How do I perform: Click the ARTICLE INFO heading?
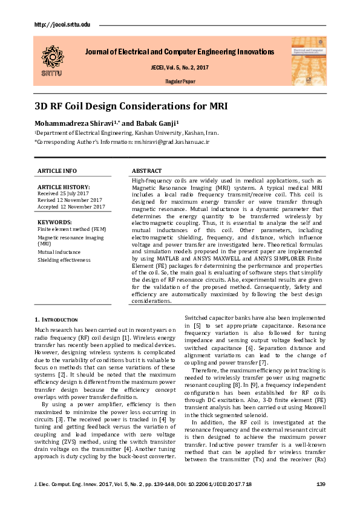pos(57,171)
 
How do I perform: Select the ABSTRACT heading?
pos(146,171)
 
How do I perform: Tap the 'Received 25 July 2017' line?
pos(64,193)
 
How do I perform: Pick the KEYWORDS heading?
pos(54,222)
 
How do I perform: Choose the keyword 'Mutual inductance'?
pos(59,251)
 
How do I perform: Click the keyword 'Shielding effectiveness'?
pos(64,260)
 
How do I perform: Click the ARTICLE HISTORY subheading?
pos(64,187)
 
